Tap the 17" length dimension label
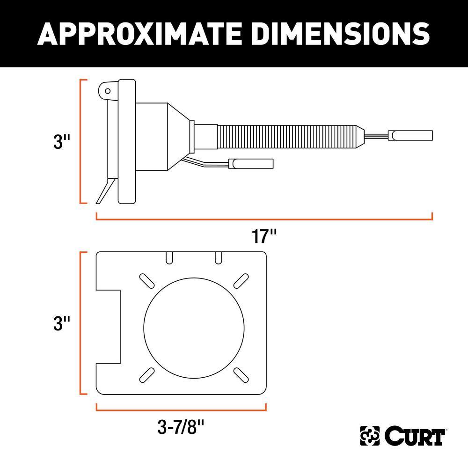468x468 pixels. pyautogui.click(x=264, y=236)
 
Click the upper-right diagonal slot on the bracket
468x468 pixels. pyautogui.click(x=241, y=279)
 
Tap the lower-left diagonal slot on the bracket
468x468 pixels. pyautogui.click(x=147, y=373)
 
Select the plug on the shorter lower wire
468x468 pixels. pyautogui.click(x=250, y=163)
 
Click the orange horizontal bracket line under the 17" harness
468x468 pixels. pyautogui.click(x=264, y=219)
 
